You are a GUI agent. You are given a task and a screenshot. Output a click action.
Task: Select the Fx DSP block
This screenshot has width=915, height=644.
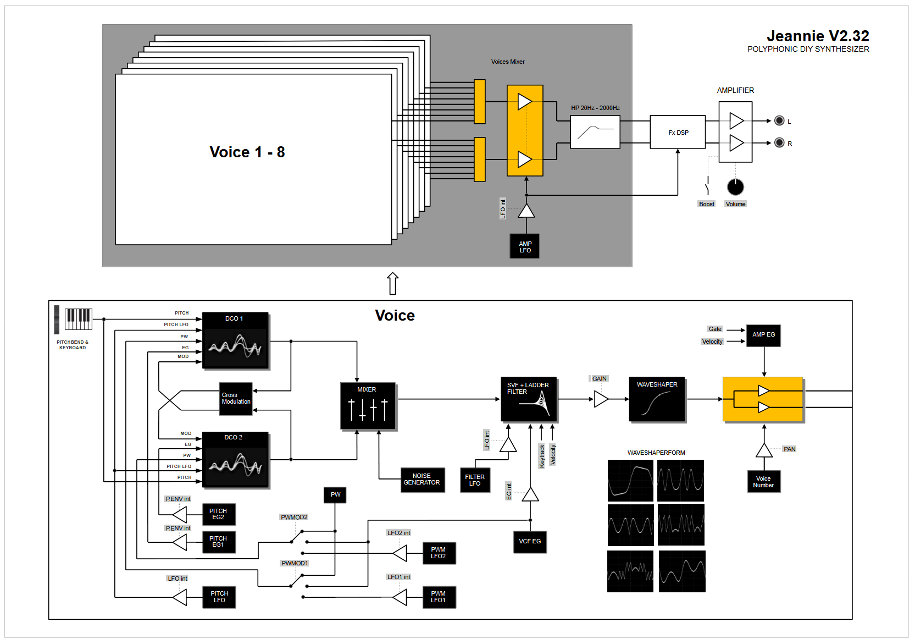pos(678,133)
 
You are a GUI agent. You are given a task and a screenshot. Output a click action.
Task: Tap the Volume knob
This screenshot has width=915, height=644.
pos(735,187)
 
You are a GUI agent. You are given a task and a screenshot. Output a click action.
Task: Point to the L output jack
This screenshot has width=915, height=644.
pos(779,121)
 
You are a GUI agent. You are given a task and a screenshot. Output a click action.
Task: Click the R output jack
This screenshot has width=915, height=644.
pos(779,143)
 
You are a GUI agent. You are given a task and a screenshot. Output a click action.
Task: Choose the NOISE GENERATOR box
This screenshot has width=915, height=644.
pos(422,480)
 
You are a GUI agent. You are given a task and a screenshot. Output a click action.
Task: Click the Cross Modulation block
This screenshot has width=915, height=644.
pos(236,399)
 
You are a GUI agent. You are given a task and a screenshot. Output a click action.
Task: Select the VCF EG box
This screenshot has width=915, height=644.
pos(530,542)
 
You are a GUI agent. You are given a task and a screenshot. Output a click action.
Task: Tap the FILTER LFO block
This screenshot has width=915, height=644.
pos(475,481)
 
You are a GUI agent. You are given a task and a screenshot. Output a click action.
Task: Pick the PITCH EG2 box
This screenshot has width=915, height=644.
pos(219,515)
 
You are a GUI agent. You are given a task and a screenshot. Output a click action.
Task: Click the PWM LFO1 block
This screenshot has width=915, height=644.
pos(439,597)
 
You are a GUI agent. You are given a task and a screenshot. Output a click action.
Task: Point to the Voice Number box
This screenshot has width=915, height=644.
pos(763,482)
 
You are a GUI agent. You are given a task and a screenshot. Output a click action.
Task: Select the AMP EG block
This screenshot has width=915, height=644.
pos(763,335)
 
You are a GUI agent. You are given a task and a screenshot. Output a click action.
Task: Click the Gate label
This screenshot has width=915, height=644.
pos(715,329)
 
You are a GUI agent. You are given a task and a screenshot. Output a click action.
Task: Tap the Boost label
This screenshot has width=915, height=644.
pos(707,204)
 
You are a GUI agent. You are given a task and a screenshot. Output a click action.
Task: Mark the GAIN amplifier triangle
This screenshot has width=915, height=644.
pos(601,399)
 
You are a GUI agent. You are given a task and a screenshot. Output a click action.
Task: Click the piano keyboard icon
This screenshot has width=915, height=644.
pos(78,319)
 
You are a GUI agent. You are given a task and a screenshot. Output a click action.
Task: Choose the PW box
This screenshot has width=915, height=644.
pos(335,495)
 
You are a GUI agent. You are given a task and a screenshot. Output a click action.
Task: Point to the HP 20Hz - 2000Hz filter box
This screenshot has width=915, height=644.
pos(595,132)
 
